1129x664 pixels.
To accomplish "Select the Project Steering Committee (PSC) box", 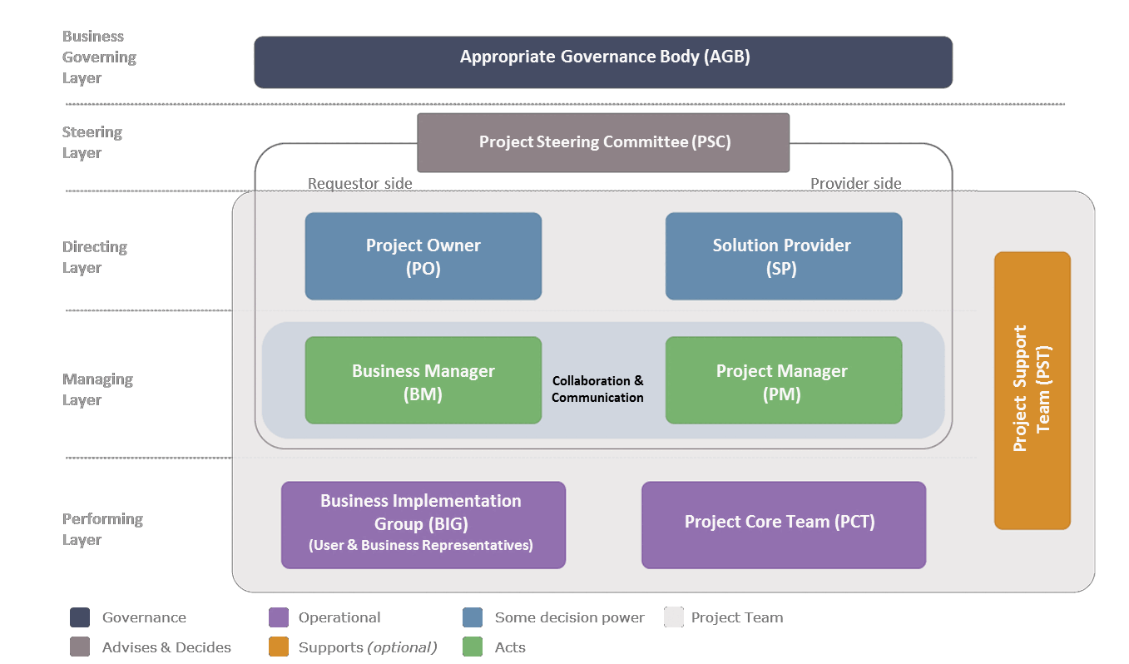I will tap(603, 142).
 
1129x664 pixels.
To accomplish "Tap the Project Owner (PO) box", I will tap(423, 256).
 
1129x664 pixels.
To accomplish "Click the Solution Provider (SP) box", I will tap(783, 256).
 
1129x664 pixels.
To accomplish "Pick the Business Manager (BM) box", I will tap(423, 380).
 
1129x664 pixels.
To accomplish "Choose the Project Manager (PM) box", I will tap(783, 380).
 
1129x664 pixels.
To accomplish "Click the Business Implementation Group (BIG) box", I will tap(423, 525).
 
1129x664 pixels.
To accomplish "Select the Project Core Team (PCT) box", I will tap(783, 525).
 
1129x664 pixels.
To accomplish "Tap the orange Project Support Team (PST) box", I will tap(1032, 390).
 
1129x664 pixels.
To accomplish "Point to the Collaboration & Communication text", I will tap(597, 389).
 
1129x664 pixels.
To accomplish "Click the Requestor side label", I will tap(359, 184).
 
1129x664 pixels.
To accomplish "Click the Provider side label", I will tap(855, 184).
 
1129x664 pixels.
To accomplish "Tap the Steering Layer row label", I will tap(92, 142).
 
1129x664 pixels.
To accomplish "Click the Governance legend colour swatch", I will tap(80, 617).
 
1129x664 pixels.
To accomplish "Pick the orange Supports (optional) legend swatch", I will tap(279, 647).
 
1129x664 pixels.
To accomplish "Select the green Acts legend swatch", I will tap(473, 647).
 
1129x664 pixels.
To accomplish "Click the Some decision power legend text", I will tap(569, 617).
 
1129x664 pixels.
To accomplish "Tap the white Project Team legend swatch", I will tap(674, 617).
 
